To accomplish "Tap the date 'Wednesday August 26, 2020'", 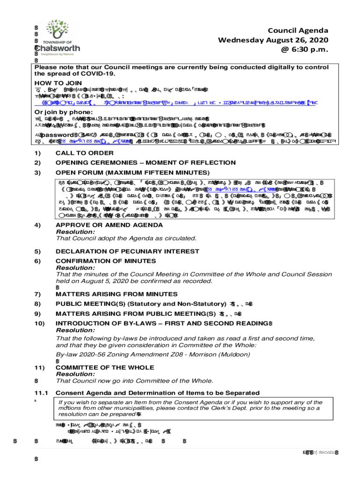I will click(x=273, y=40).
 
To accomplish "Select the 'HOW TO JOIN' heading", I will click(x=58, y=83).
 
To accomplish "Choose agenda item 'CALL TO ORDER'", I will click(x=84, y=153).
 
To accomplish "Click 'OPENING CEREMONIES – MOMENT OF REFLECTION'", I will click(x=145, y=162).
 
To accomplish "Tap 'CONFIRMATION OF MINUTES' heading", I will click(x=106, y=261).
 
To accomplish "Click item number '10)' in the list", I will click(x=40, y=323).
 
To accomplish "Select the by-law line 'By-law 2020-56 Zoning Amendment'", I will click(x=117, y=354).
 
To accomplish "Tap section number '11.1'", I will click(x=41, y=392).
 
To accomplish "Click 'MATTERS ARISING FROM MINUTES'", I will click(x=116, y=294).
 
